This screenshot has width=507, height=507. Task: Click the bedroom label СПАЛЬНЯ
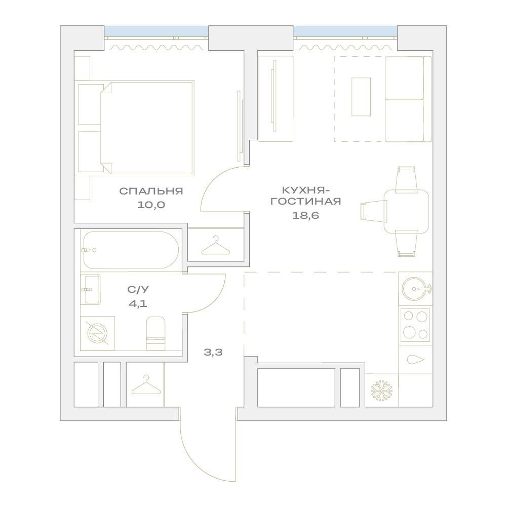[151, 191]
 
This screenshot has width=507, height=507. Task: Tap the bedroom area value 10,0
[151, 205]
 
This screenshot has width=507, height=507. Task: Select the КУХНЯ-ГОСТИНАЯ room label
[305, 196]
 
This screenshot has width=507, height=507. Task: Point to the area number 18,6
[305, 215]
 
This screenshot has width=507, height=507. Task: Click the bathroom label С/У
[138, 289]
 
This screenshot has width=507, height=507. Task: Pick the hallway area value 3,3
[213, 352]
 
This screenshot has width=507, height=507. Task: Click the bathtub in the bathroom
[131, 250]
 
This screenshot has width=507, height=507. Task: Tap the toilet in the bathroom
[156, 333]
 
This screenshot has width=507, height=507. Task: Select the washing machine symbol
[97, 333]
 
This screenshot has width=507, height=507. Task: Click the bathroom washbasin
[92, 289]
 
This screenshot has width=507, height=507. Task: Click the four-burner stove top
[415, 325]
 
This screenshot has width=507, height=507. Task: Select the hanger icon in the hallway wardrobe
[146, 385]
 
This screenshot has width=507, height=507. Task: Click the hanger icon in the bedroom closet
[216, 246]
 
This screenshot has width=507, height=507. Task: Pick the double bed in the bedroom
[147, 128]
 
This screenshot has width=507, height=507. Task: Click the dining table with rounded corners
[406, 212]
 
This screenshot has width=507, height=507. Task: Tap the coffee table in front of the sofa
[361, 97]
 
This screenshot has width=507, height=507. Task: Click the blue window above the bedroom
[156, 32]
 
